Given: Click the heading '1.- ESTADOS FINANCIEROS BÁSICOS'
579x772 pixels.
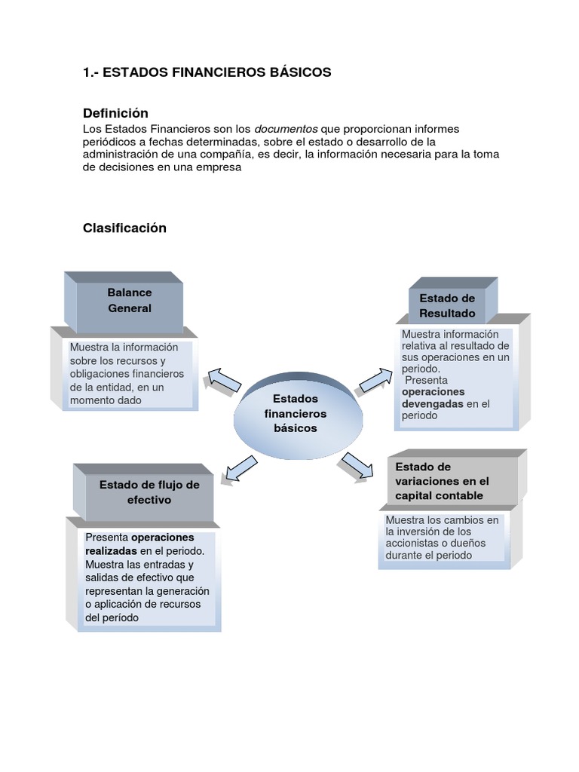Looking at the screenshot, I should [x=207, y=72].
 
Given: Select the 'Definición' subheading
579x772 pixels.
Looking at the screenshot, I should [x=115, y=113].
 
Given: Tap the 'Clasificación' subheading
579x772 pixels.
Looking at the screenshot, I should [x=124, y=228].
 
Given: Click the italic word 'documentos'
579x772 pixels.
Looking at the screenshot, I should [x=286, y=129].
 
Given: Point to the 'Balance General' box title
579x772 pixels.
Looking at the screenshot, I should [x=129, y=300].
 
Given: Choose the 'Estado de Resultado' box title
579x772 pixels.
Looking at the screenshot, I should [x=447, y=305].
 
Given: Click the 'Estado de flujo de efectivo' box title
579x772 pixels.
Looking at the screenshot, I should [x=149, y=492].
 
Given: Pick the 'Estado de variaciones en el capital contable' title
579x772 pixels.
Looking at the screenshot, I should [x=442, y=481].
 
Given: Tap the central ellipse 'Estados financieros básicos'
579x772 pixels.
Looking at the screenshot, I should [x=295, y=413].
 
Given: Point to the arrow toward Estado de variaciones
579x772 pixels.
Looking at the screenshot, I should [x=357, y=465].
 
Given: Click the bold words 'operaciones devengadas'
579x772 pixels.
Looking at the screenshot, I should [x=433, y=398].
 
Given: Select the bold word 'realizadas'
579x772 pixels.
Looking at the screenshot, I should [x=111, y=550].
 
